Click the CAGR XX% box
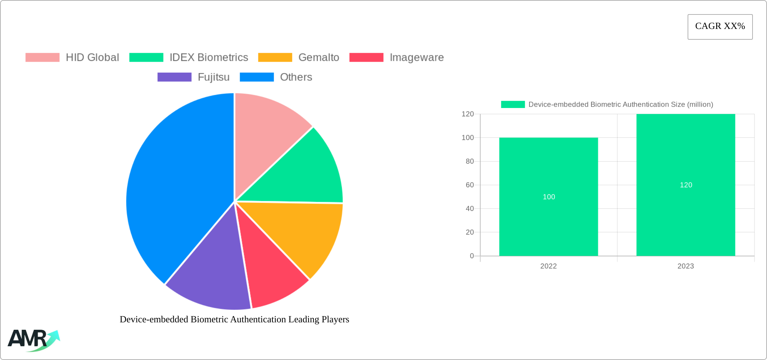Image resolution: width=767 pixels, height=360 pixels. pos(720,27)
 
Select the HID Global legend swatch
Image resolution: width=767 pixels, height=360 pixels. pos(42,58)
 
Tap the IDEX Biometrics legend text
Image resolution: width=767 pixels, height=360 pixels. pos(209,58)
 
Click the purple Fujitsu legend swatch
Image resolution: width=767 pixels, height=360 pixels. pos(174,77)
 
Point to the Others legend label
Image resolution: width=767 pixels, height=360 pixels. pos(296,77)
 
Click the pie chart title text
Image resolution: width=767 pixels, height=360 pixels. pos(234,319)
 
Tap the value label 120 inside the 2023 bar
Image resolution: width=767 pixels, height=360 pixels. pos(686,185)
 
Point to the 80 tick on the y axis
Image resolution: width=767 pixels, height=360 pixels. pos(470,161)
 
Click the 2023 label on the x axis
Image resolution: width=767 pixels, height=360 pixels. pos(686,266)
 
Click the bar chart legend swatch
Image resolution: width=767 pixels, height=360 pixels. pos(513,105)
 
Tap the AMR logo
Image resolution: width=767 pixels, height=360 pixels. pos(34,340)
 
